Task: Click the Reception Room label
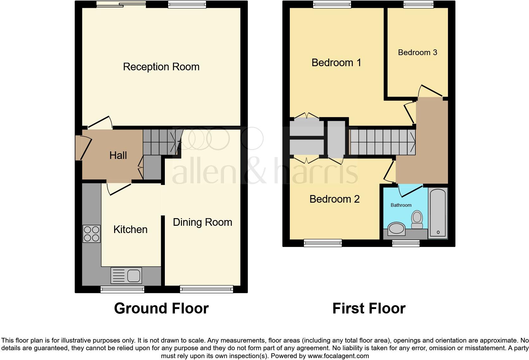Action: coord(161,67)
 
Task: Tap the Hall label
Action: coord(118,155)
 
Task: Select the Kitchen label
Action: coord(130,229)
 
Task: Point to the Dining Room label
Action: coord(202,222)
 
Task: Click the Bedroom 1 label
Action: coord(336,63)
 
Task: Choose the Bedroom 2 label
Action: coord(334,199)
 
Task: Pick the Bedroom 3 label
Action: coord(417,52)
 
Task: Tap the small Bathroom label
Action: coord(401,205)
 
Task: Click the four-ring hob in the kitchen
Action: coord(91,234)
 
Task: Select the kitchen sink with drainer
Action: coord(126,275)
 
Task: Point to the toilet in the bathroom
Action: coord(417,219)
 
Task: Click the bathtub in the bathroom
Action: coord(438,213)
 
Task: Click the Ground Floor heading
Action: coord(161,308)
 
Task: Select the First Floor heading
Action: coord(369,308)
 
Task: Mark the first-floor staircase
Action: coord(382,142)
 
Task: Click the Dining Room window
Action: coord(206,288)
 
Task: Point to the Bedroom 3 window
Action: coord(418,4)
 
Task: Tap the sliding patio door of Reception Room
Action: coord(121,4)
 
